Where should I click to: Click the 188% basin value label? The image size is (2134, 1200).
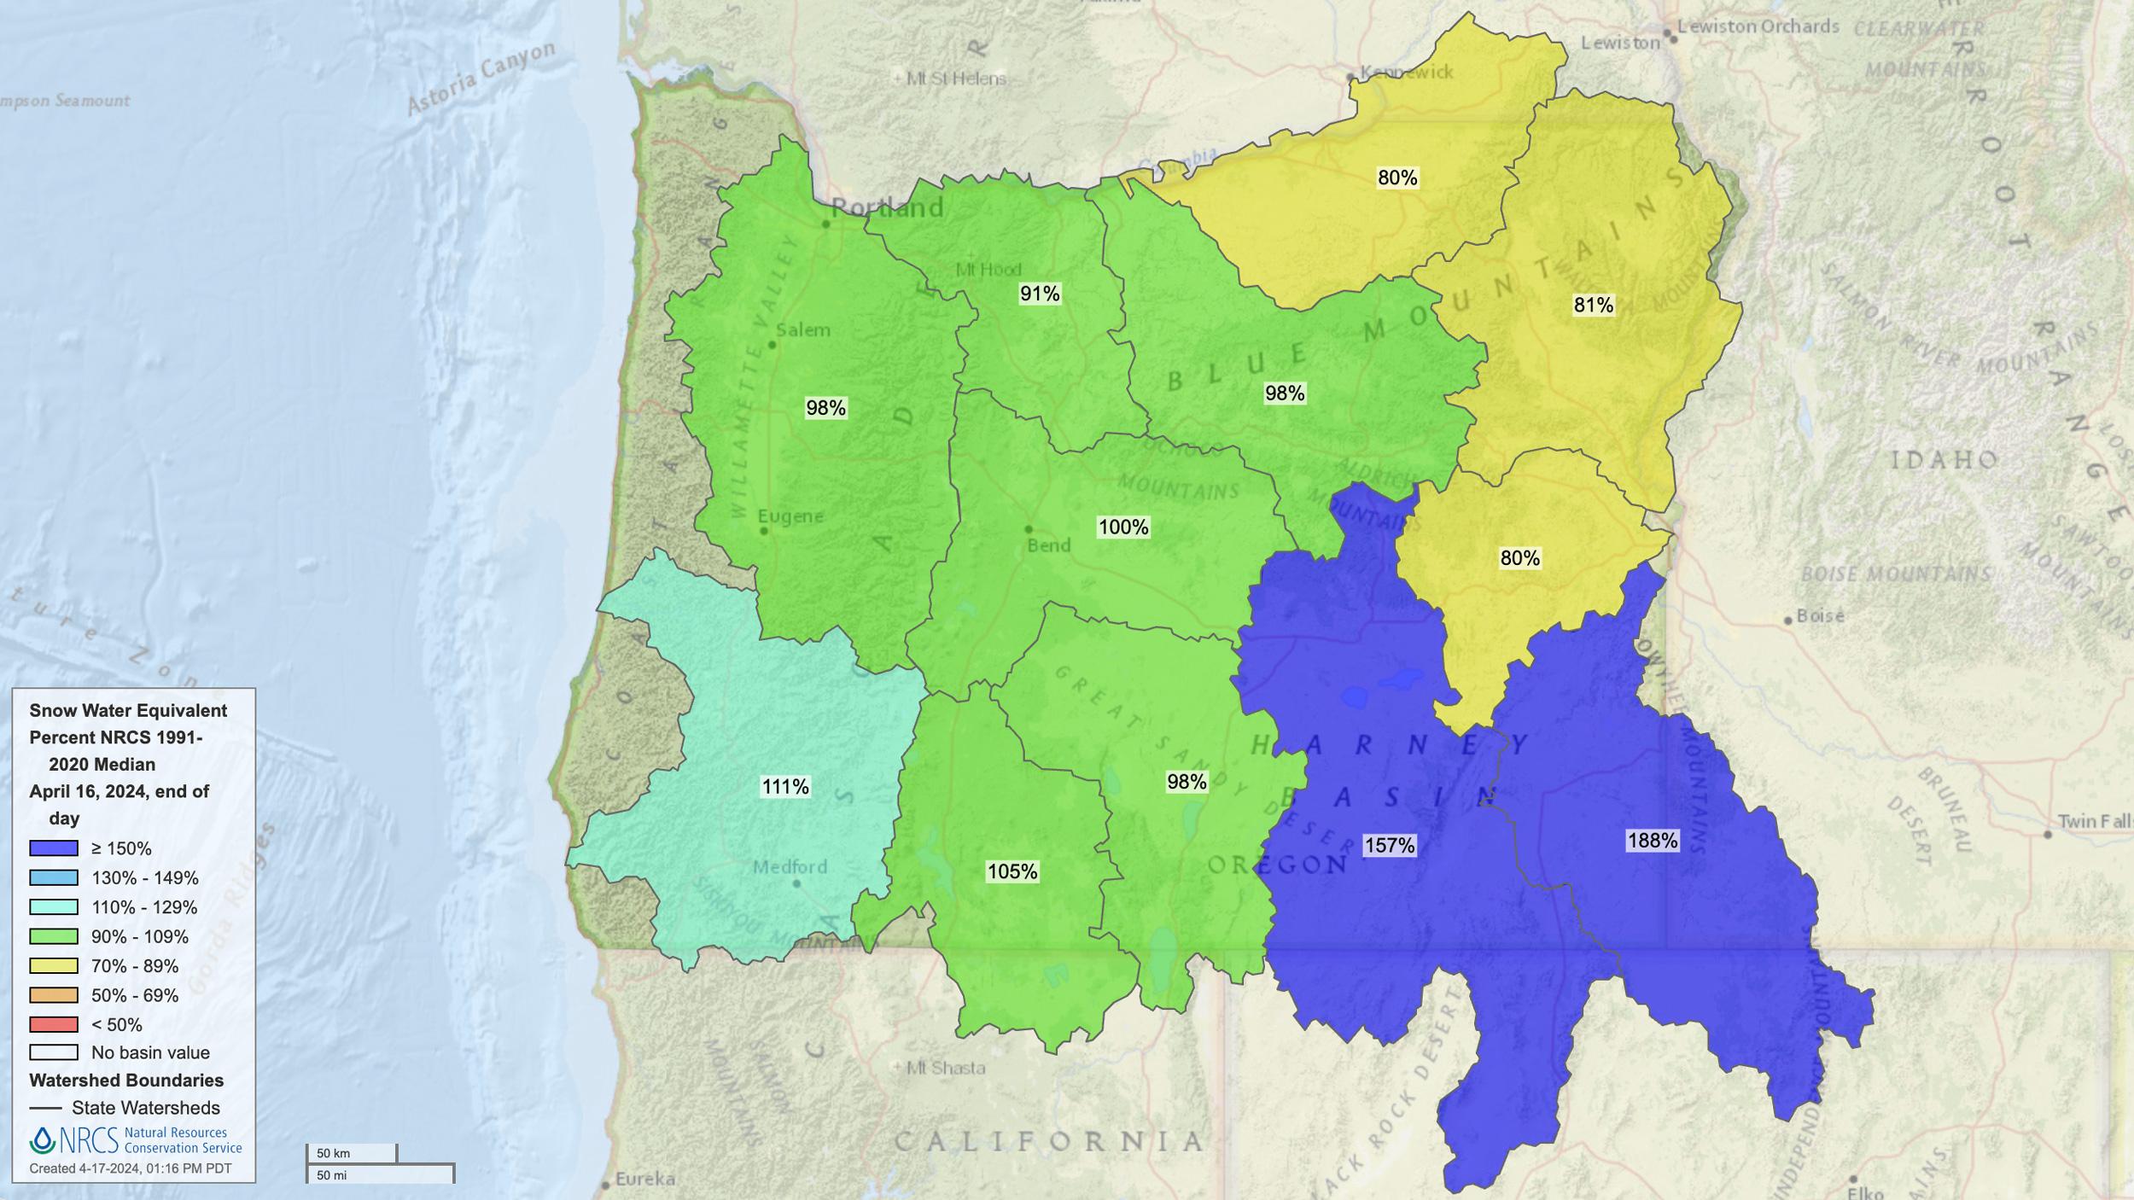click(x=1653, y=841)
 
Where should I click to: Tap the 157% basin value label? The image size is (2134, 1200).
click(x=1390, y=845)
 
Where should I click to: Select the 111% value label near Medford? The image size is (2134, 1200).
click(x=785, y=786)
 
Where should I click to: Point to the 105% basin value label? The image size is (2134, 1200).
click(x=1012, y=871)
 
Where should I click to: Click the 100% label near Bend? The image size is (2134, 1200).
click(x=1123, y=527)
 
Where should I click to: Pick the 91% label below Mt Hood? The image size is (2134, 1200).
click(x=1040, y=294)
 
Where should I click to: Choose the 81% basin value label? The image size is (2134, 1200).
click(x=1593, y=305)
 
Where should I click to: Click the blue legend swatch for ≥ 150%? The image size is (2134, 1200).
click(x=54, y=848)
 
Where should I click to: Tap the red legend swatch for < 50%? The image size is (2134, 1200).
click(x=54, y=1024)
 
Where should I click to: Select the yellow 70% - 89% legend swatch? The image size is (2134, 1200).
click(x=54, y=966)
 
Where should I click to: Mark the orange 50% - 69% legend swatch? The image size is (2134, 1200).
click(x=54, y=995)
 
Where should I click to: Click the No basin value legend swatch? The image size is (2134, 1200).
click(x=54, y=1052)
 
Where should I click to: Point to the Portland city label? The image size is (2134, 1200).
click(x=888, y=207)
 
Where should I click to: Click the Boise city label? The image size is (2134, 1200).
click(x=1820, y=615)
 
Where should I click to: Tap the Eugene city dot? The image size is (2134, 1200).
click(x=764, y=531)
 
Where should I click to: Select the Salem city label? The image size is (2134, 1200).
click(x=803, y=330)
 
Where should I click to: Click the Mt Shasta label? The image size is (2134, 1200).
click(x=946, y=1068)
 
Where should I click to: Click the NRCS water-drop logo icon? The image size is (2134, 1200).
click(x=42, y=1140)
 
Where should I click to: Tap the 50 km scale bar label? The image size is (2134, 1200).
click(x=333, y=1153)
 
